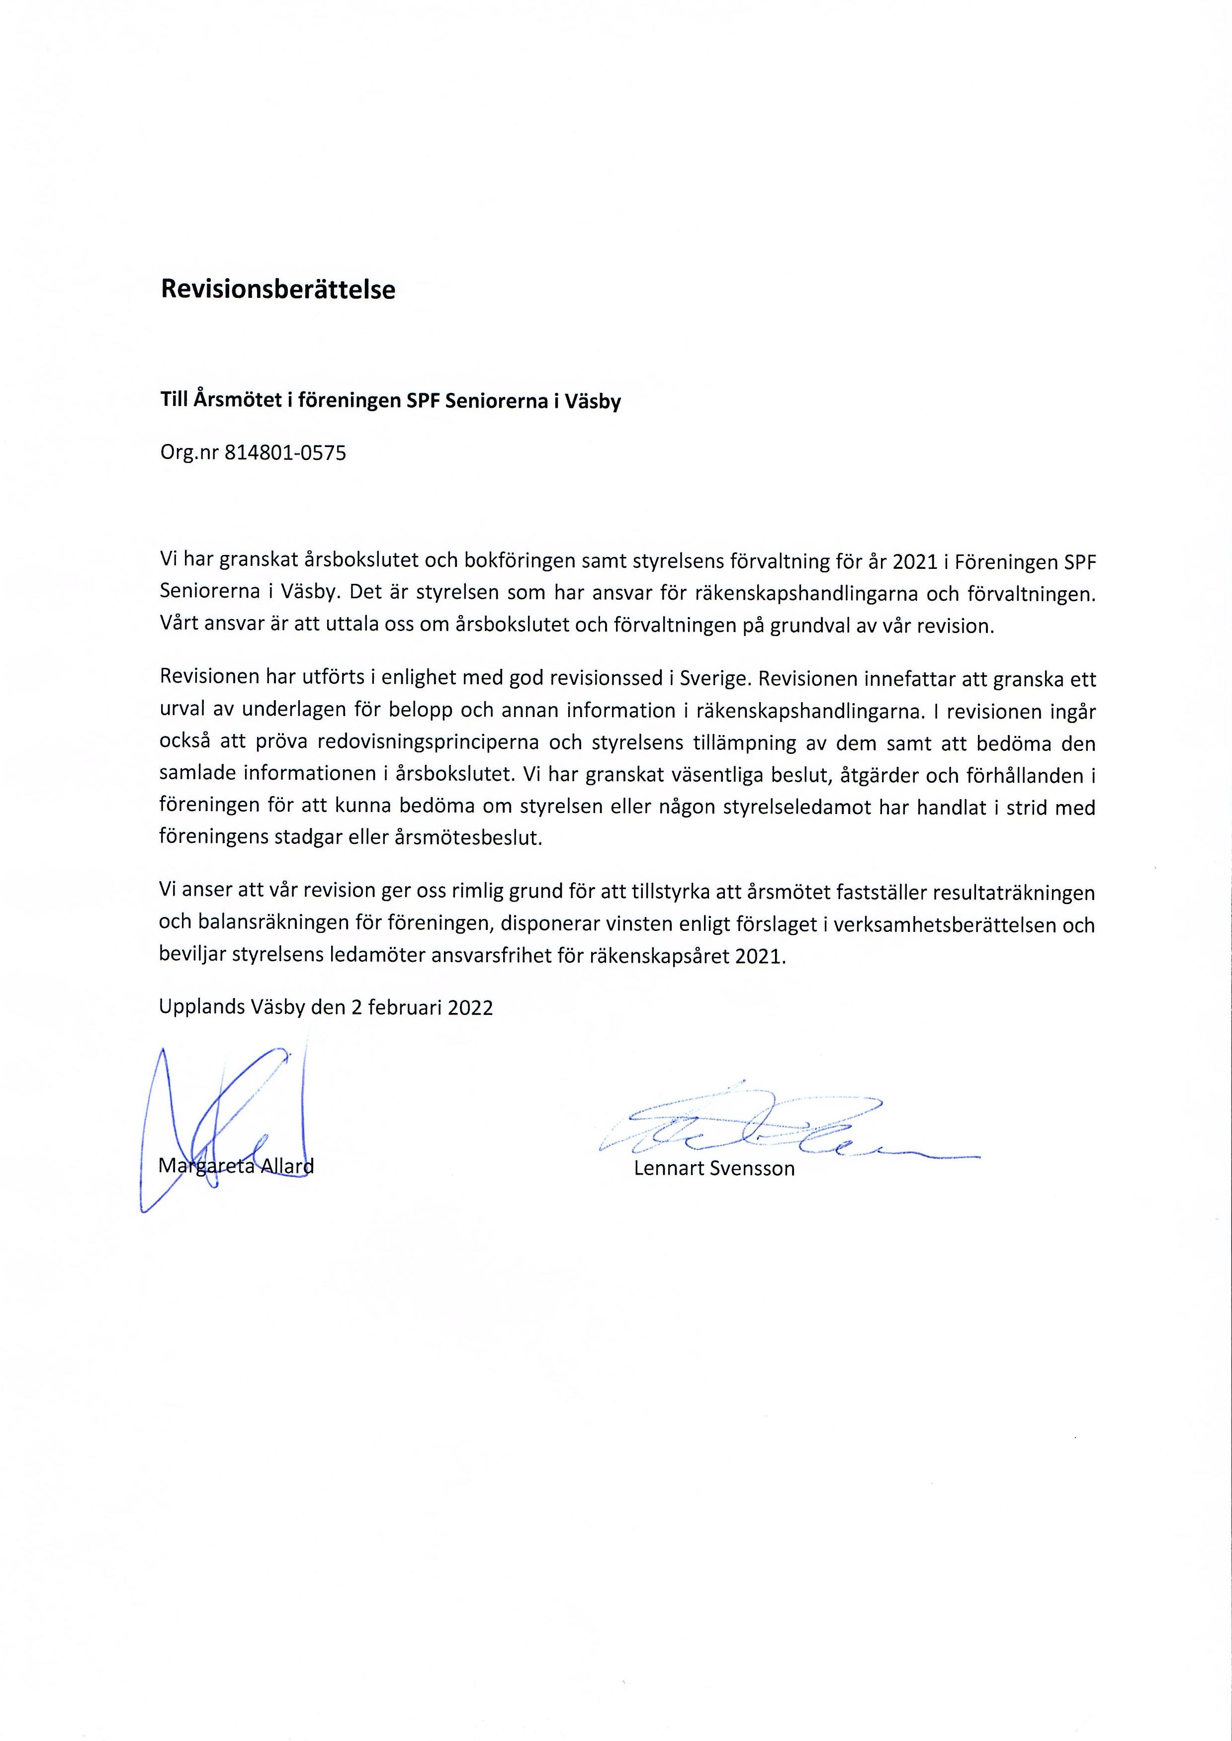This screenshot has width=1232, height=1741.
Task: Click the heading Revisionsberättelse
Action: (277, 290)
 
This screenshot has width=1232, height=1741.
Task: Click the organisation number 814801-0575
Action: (285, 454)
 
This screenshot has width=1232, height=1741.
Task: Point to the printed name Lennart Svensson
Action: (714, 1168)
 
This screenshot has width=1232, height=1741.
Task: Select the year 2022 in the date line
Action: (470, 1008)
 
